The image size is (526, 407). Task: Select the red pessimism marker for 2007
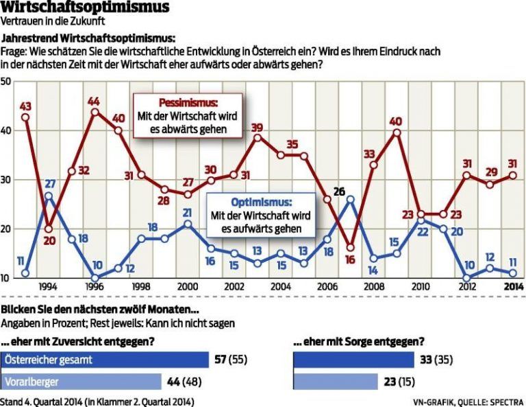pyautogui.click(x=350, y=248)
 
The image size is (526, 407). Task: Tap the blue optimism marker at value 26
pyautogui.click(x=350, y=200)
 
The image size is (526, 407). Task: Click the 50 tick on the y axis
pyautogui.click(x=7, y=82)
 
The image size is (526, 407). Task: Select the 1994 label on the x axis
pyautogui.click(x=48, y=286)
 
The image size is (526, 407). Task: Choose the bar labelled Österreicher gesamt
pyautogui.click(x=105, y=360)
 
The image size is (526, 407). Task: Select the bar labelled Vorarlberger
pyautogui.click(x=81, y=381)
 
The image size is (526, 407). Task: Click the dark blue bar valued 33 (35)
pyautogui.click(x=353, y=360)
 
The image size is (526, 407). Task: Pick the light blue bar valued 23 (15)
pyautogui.click(x=335, y=381)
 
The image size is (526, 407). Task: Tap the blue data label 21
pyautogui.click(x=186, y=213)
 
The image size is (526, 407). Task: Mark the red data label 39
pyautogui.click(x=257, y=127)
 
